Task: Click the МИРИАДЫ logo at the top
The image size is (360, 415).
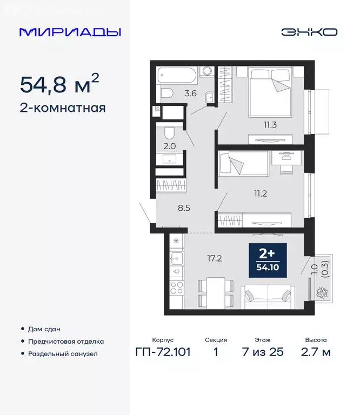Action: coord(70,32)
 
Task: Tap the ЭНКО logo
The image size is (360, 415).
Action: coord(309,32)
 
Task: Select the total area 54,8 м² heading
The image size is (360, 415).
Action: coord(59,84)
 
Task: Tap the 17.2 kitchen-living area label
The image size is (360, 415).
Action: coord(215,258)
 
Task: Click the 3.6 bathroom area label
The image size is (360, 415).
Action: coord(190,93)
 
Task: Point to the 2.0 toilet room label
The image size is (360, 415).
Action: coord(169,146)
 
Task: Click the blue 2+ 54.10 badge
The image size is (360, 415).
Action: coord(268,260)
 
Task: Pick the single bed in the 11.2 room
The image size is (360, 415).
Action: coord(243,163)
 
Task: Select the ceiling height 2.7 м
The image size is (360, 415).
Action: coord(316,353)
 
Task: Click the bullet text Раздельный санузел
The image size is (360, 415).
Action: coord(63,354)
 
